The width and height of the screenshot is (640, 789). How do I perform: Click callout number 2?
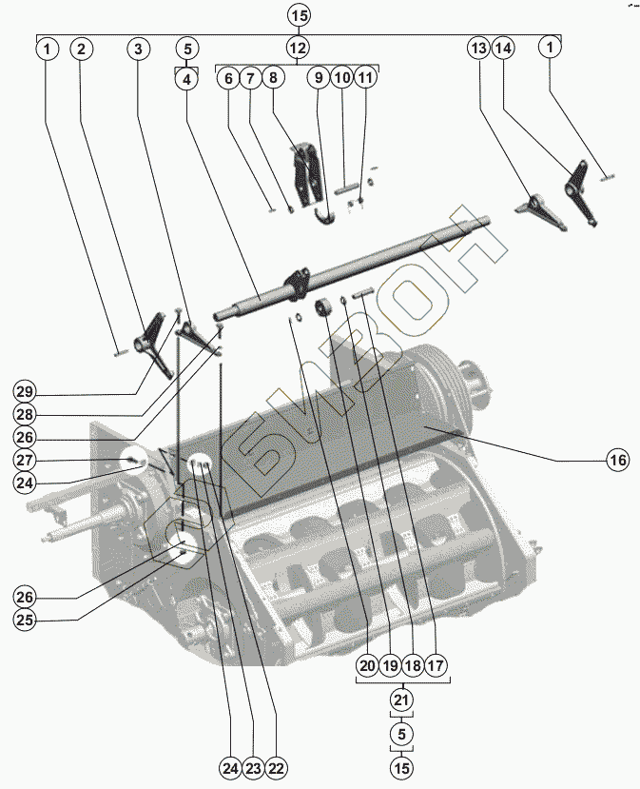tap(82, 48)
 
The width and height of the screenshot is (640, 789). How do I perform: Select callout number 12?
tap(297, 48)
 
